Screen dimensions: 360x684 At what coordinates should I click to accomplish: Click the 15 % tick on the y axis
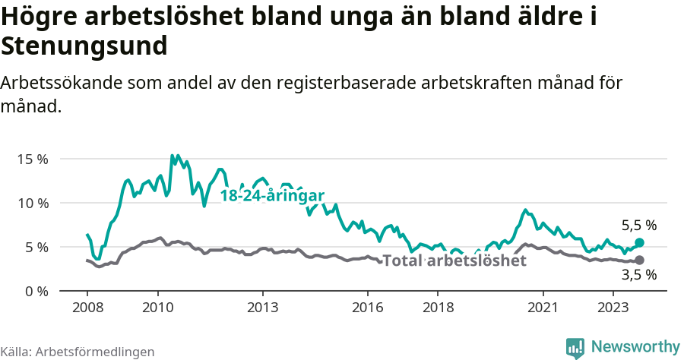[33, 159]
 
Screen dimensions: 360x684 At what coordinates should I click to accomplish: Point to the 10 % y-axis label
[33, 204]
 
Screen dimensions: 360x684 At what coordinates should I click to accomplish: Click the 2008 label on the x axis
[87, 308]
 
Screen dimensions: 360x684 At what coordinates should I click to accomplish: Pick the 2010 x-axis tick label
[157, 308]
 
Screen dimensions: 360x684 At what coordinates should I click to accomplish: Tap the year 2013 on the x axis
[263, 308]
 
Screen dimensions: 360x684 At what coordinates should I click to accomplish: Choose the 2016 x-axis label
[368, 308]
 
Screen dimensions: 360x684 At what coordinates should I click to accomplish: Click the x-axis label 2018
[438, 308]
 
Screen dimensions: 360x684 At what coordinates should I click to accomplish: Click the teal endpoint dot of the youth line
[639, 242]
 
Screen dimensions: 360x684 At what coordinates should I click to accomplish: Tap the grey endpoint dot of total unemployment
[639, 260]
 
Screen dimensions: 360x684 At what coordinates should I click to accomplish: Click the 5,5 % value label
[638, 226]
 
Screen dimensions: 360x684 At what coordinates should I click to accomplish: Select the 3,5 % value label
[638, 276]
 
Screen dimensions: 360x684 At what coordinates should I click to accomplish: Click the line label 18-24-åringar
[272, 196]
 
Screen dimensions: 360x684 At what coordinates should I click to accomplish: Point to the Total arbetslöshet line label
[454, 261]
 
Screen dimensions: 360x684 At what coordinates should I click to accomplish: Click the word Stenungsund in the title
[84, 46]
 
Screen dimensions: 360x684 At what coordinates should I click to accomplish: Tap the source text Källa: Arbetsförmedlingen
[78, 352]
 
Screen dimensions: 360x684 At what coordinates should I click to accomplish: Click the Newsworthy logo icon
[575, 347]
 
